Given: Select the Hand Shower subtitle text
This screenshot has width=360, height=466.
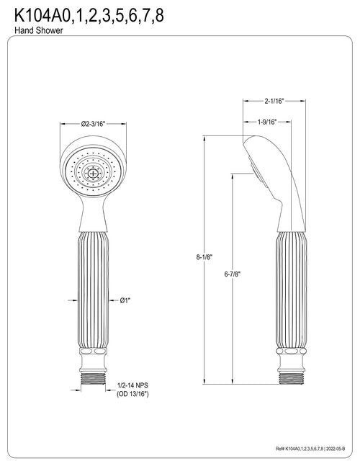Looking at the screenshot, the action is coord(39,30).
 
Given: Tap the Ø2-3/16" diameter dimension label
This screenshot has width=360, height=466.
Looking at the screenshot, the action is coord(94,124).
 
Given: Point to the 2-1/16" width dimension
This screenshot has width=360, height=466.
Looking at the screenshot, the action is coord(274,101).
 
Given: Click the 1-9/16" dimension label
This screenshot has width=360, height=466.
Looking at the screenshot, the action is coord(267,122).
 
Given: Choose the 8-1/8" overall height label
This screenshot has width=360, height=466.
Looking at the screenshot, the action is coord(204,257).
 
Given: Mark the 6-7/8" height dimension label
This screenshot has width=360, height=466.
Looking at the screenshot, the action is coord(233,274).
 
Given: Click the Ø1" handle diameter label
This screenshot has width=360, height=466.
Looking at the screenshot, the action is coord(125,300).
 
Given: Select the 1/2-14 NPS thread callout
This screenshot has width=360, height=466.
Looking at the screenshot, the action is coord(132,385).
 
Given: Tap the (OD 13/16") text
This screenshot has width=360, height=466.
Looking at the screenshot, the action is coord(132,394).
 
